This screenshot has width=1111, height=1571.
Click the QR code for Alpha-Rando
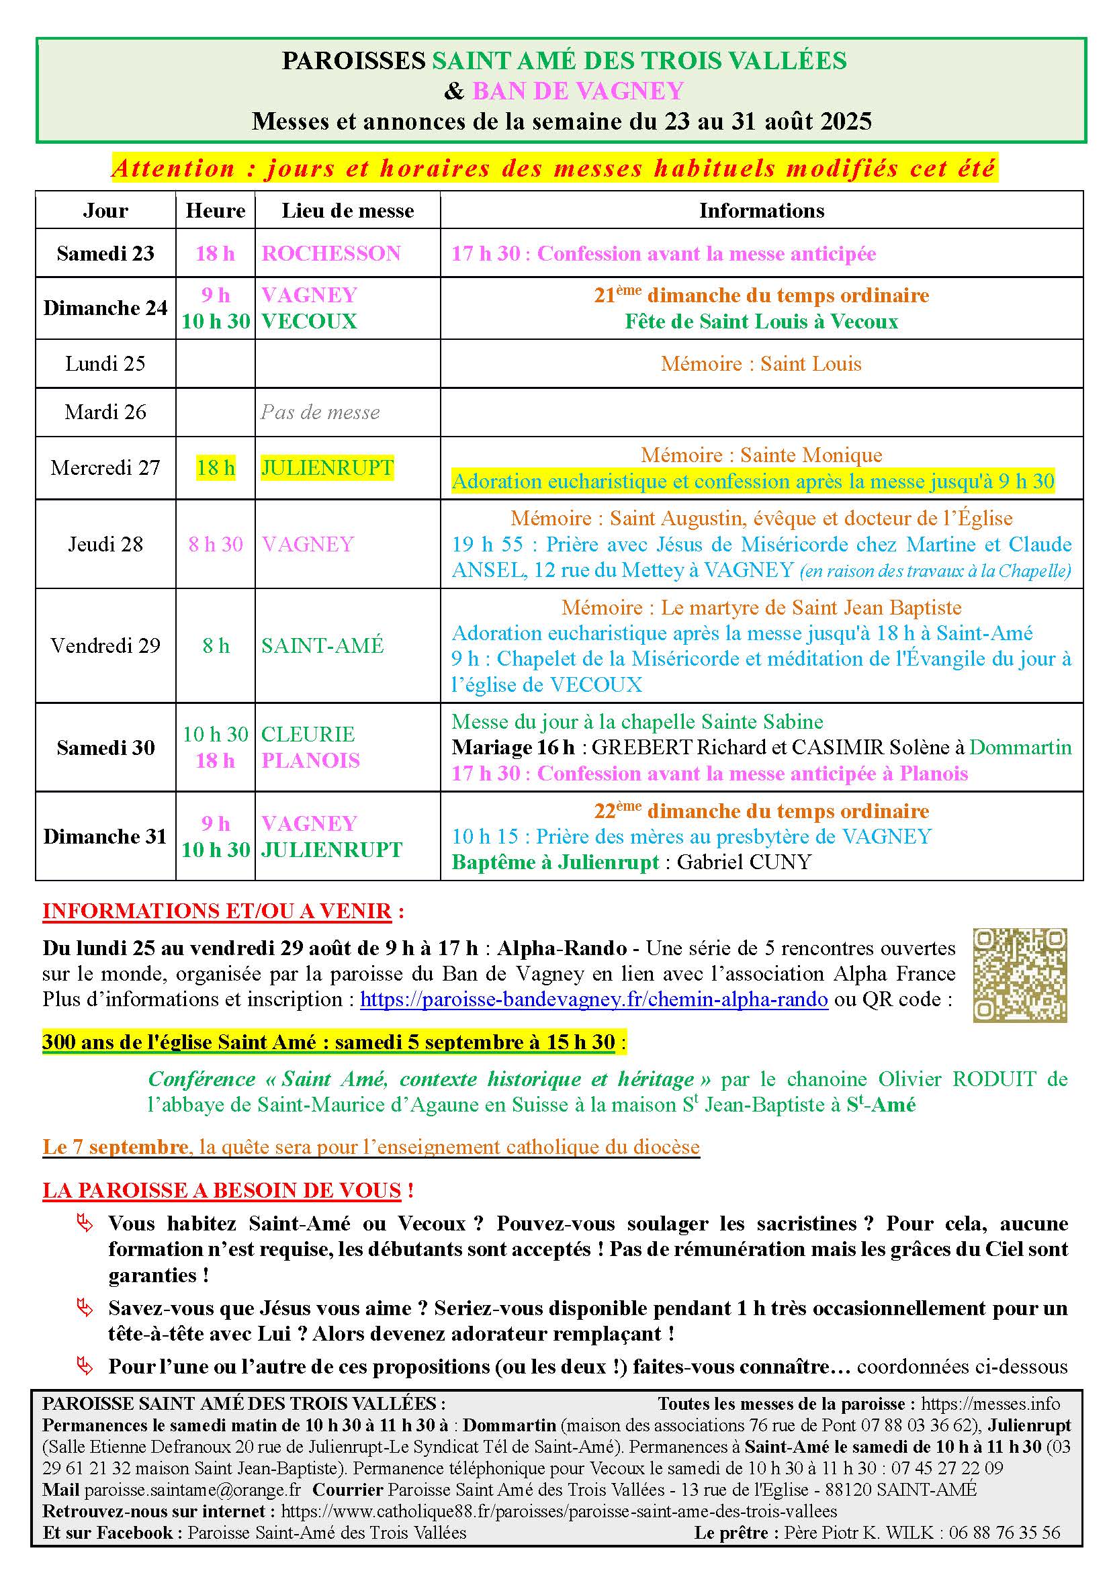click(1020, 975)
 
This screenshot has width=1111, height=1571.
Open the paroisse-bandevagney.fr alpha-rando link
click(594, 999)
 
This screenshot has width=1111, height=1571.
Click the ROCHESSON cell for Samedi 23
click(331, 254)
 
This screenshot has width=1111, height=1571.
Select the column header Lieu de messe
click(347, 211)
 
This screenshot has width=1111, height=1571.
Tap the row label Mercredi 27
click(105, 468)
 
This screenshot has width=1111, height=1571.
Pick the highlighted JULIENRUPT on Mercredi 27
click(327, 468)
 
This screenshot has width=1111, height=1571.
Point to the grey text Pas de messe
click(320, 412)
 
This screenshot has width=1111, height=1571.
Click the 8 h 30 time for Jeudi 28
click(216, 545)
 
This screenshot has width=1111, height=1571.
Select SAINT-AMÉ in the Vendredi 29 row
click(323, 646)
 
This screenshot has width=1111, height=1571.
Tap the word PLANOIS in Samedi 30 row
click(310, 761)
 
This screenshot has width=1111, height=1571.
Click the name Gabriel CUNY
click(744, 862)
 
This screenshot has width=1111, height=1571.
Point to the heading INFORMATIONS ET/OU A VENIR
click(217, 911)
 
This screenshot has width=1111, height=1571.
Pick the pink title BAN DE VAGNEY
click(578, 91)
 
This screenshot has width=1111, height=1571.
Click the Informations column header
click(762, 211)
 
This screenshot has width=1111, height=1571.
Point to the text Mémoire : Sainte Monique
click(762, 455)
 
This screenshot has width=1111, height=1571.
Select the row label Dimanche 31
click(105, 837)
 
